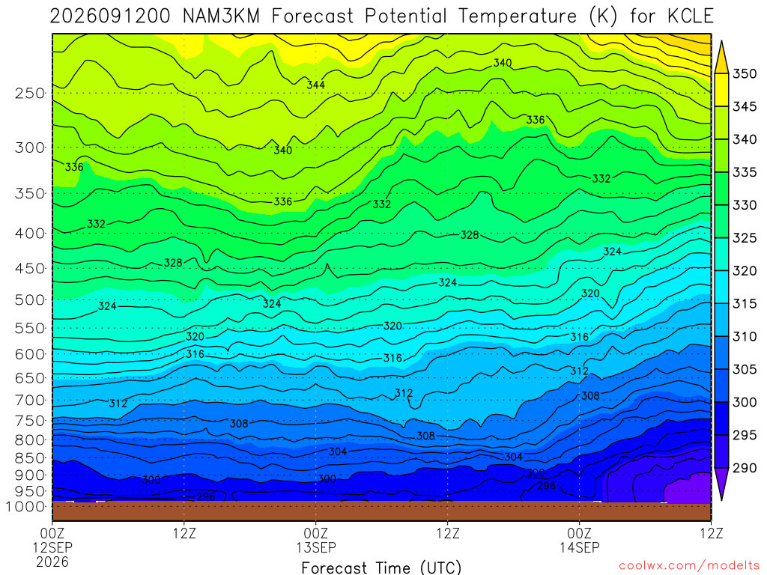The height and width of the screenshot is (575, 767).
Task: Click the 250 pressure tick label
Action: pyautogui.click(x=29, y=93)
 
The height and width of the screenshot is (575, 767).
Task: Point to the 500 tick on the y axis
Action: pyautogui.click(x=29, y=299)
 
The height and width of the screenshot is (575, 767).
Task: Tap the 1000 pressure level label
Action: pyautogui.click(x=25, y=507)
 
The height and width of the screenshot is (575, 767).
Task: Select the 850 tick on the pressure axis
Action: pyautogui.click(x=29, y=458)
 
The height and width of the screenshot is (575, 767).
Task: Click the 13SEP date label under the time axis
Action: pyautogui.click(x=316, y=547)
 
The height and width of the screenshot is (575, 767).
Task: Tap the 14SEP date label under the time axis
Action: pyautogui.click(x=580, y=547)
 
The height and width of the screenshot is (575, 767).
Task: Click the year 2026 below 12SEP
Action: pyautogui.click(x=52, y=562)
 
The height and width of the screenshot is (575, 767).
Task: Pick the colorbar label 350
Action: pyautogui.click(x=744, y=74)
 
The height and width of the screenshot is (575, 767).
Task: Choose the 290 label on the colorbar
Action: pyautogui.click(x=744, y=468)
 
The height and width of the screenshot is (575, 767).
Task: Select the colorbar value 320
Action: pyautogui.click(x=744, y=271)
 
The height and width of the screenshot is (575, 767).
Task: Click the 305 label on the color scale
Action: pyautogui.click(x=744, y=369)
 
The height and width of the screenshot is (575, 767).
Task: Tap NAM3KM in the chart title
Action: pyautogui.click(x=221, y=16)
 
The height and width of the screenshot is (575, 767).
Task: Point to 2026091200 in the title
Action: pyautogui.click(x=110, y=16)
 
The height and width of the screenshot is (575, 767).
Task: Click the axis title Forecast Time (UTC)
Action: pyautogui.click(x=381, y=568)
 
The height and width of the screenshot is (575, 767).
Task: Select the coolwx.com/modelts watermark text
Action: pyautogui.click(x=689, y=566)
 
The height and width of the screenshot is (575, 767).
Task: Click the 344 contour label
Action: pyautogui.click(x=316, y=85)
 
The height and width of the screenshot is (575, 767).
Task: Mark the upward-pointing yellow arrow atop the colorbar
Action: pyautogui.click(x=721, y=57)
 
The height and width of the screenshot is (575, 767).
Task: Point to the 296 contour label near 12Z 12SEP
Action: pyautogui.click(x=206, y=497)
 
